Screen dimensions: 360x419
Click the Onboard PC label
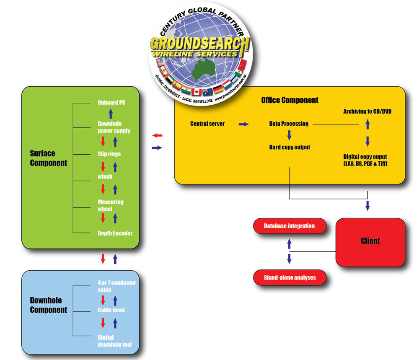tap(111, 102)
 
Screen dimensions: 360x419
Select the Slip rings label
tap(109, 154)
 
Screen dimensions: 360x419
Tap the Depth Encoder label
tap(115, 233)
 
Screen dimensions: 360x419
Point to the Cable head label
tap(111, 310)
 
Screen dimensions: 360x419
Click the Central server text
tap(207, 124)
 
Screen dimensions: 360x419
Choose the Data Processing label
tap(289, 124)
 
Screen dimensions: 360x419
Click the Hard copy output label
tap(290, 147)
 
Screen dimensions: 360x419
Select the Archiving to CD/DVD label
tap(367, 111)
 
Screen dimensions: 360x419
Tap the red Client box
tap(370, 241)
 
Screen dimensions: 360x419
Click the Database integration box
tap(289, 226)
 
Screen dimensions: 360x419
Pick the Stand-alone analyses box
tap(290, 277)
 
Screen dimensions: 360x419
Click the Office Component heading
tap(290, 100)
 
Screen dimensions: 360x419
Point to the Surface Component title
tap(48, 158)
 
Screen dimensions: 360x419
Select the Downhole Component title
tap(48, 305)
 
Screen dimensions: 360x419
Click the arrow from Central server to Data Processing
tap(243, 124)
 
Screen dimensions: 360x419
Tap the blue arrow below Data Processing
tap(289, 135)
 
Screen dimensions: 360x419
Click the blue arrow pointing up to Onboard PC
tap(111, 113)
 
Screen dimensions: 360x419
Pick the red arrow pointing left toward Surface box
tap(157, 135)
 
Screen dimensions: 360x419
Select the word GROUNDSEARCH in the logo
tap(200, 44)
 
